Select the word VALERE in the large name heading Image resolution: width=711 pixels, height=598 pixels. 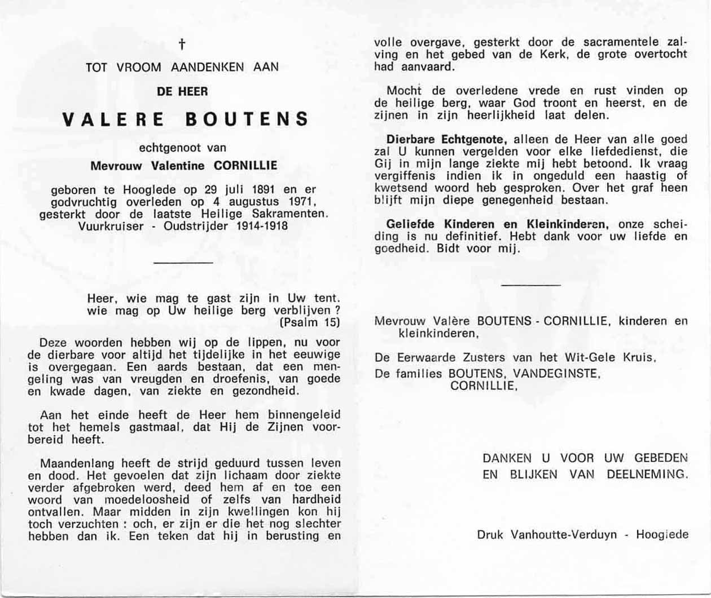click(113, 119)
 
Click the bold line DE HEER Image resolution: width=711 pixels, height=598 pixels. click(182, 91)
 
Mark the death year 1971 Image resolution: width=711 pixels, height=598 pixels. click(299, 202)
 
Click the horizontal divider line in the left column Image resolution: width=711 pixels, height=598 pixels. click(183, 263)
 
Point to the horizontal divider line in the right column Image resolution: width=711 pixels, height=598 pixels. click(530, 285)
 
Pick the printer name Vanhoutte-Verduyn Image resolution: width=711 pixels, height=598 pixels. click(564, 534)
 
